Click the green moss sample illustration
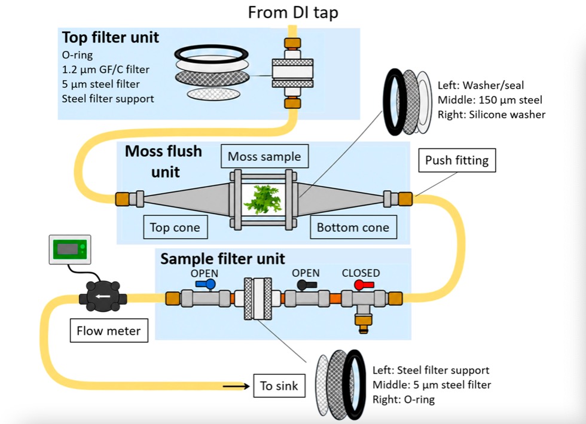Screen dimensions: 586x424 (263, 199)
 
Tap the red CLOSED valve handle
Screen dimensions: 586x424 (364, 285)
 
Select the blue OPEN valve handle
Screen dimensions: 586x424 (206, 285)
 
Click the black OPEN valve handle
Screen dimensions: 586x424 (307, 285)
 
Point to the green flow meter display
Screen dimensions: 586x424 (70, 249)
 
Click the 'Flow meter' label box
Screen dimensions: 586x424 (109, 331)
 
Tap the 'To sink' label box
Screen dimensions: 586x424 (279, 386)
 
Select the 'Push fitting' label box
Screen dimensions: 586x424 (457, 160)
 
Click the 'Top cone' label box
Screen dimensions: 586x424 (175, 227)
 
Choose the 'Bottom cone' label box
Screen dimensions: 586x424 (353, 227)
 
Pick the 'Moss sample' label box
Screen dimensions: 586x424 (264, 156)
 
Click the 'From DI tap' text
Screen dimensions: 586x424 (293, 13)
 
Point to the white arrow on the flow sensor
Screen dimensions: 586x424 (103, 297)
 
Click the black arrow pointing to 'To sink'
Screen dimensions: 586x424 (236, 386)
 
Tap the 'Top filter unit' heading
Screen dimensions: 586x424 (111, 38)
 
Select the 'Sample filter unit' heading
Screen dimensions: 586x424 (222, 259)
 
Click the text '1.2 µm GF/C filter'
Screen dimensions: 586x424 (106, 69)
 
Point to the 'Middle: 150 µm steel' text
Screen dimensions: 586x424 (490, 100)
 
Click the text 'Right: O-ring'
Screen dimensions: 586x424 (404, 399)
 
